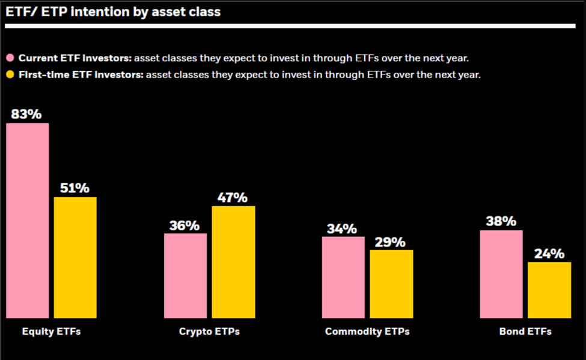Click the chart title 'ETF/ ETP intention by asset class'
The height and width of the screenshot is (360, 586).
click(113, 11)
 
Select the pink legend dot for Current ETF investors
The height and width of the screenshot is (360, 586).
click(10, 58)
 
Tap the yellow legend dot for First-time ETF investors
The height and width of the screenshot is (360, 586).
click(10, 75)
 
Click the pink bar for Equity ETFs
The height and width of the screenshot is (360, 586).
click(28, 221)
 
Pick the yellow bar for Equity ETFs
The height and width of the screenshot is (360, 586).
click(75, 257)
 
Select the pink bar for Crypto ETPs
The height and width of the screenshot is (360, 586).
click(185, 275)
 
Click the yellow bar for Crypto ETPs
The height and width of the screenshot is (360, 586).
click(233, 262)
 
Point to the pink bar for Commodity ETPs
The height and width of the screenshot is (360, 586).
click(343, 277)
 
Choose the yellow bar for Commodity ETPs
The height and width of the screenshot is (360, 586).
click(391, 284)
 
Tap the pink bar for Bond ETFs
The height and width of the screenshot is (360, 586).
click(501, 274)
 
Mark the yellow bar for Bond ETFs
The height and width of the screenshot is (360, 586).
click(549, 290)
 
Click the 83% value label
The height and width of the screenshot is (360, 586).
click(26, 114)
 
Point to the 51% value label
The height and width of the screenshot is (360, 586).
click(75, 188)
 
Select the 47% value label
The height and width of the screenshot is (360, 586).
click(233, 197)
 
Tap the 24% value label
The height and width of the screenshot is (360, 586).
click(549, 253)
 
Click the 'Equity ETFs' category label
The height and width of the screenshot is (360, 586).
click(51, 332)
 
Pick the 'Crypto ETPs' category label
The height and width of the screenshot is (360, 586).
click(209, 332)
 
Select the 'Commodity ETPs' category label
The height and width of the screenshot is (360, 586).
click(367, 332)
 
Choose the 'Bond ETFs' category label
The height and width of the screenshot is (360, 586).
click(525, 332)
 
